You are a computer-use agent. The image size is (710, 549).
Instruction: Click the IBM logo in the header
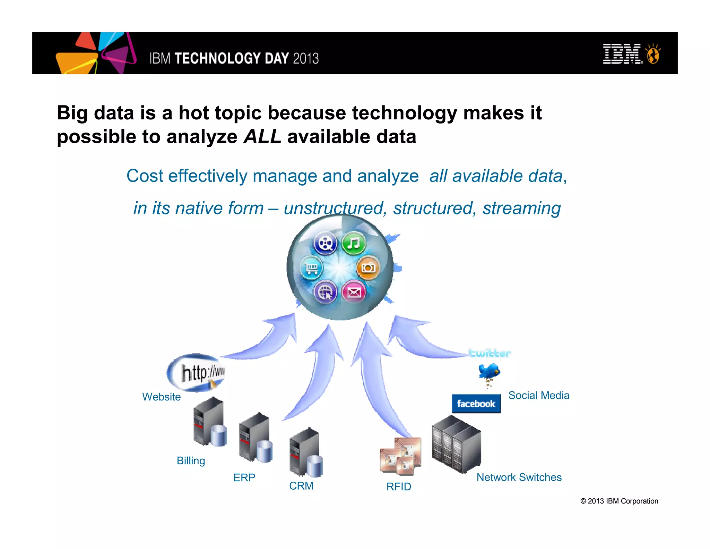(x=622, y=54)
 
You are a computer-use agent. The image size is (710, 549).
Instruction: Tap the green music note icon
(x=353, y=243)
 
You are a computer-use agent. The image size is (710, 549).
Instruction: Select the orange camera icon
(x=368, y=268)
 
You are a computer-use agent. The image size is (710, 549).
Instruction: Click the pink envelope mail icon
(x=354, y=292)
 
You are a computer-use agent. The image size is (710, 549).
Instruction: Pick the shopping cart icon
(x=311, y=268)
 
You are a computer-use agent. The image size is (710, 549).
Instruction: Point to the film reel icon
(x=325, y=243)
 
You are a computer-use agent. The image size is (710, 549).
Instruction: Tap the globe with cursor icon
(x=325, y=292)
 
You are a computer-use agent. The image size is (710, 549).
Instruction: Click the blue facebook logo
(x=476, y=403)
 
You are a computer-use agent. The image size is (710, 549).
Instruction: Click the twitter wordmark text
(x=490, y=353)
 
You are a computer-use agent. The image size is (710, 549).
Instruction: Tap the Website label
(x=162, y=397)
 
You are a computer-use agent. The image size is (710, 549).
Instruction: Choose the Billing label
(x=191, y=461)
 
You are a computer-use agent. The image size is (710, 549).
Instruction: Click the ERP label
(x=244, y=478)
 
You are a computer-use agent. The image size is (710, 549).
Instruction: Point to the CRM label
(x=301, y=486)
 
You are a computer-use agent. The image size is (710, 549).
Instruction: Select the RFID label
(x=399, y=487)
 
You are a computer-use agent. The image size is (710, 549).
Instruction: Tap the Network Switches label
(x=519, y=477)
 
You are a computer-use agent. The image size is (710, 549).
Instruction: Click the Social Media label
(x=539, y=395)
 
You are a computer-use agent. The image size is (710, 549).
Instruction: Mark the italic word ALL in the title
(x=262, y=136)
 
